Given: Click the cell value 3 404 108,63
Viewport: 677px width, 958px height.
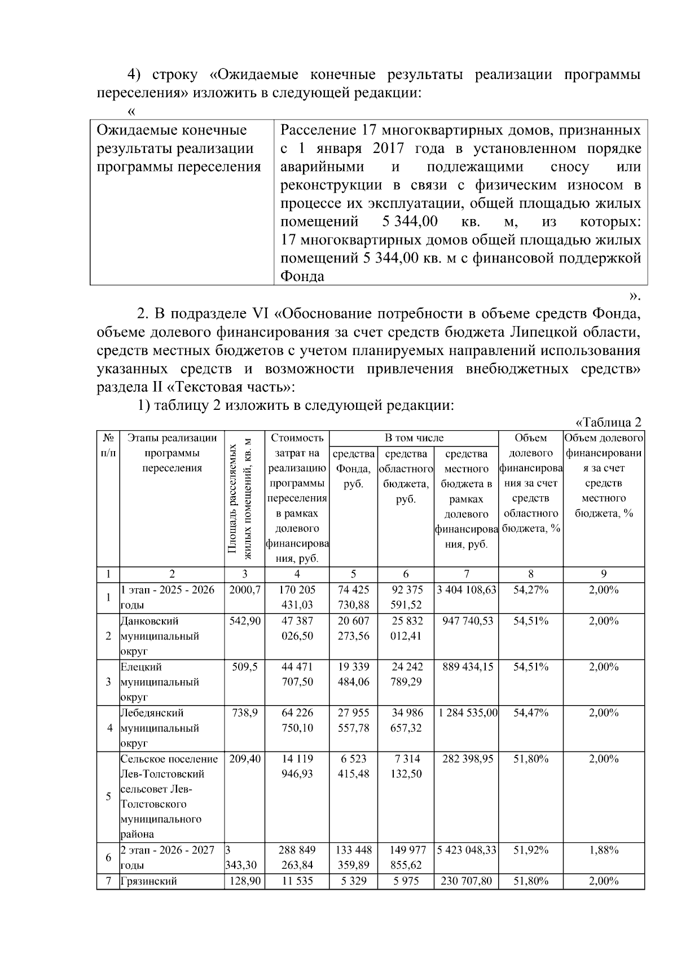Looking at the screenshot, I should (466, 590).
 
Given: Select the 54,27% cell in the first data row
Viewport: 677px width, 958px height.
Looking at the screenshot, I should (530, 590).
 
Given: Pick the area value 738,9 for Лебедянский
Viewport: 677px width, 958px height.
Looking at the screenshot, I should (245, 713).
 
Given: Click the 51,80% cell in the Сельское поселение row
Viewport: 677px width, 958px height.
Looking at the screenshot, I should (530, 759).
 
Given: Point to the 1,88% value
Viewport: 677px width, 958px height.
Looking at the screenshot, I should (603, 850).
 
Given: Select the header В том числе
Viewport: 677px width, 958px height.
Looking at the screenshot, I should (414, 438).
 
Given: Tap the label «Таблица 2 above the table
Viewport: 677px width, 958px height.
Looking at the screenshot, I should (608, 423).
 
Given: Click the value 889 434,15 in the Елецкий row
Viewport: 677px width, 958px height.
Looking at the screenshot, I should (466, 667).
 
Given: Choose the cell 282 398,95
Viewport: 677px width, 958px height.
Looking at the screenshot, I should (466, 759).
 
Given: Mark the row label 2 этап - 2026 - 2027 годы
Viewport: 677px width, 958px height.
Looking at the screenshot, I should (168, 858).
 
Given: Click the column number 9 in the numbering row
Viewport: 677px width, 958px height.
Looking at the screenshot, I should (603, 574).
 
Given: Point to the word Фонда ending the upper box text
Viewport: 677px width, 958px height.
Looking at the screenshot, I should (302, 277).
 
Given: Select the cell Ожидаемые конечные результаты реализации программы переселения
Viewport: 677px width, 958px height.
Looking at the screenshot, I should (179, 149).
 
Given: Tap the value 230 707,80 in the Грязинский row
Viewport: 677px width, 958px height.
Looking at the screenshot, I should (466, 881).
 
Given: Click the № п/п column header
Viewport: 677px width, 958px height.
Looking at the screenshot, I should (108, 445).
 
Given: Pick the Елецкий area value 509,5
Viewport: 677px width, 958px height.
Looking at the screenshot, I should (245, 667).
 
